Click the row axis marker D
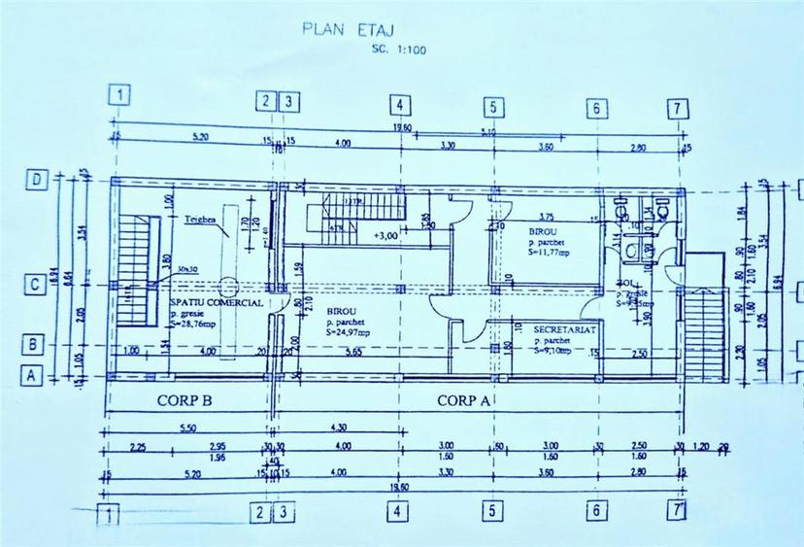(35, 181)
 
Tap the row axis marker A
(35, 375)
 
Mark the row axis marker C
(35, 285)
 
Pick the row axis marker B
(35, 342)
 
